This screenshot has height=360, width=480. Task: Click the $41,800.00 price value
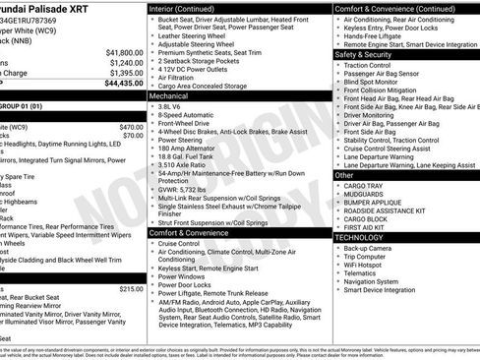pos(124,52)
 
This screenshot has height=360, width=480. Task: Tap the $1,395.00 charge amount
pos(126,73)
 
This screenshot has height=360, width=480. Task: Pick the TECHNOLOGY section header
pos(360,237)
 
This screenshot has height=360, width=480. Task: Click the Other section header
pos(344,174)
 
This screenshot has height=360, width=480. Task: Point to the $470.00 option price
pos(131,127)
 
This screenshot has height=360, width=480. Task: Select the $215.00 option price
pos(131,289)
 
